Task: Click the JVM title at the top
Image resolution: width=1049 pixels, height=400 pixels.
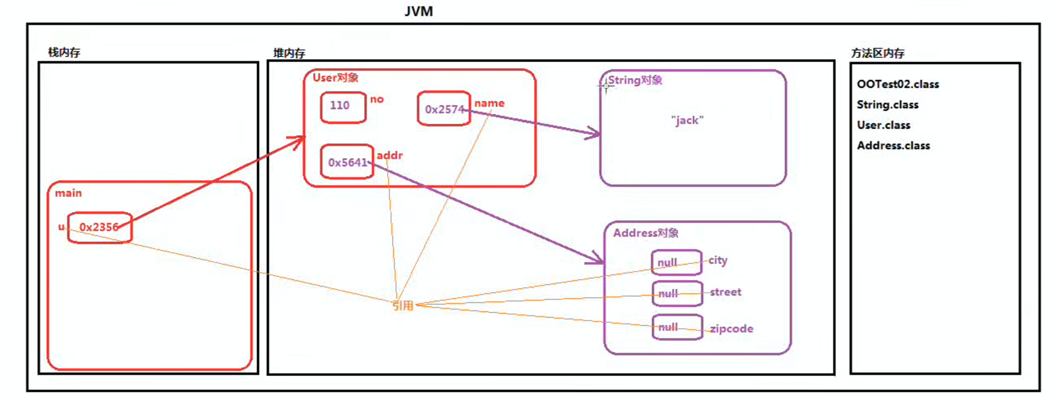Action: pyautogui.click(x=418, y=11)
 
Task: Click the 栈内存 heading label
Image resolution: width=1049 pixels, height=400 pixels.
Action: pyautogui.click(x=64, y=52)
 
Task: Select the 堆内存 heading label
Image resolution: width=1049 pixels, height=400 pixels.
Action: pyautogui.click(x=289, y=53)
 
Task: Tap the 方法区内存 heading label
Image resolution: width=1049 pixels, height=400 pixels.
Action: pyautogui.click(x=877, y=53)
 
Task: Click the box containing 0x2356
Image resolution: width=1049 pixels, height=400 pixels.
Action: pyautogui.click(x=100, y=227)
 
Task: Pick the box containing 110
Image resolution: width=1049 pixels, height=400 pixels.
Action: pyautogui.click(x=342, y=106)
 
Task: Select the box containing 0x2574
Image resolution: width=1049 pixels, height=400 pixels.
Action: pyautogui.click(x=443, y=109)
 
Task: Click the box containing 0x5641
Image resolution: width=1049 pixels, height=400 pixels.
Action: pyautogui.click(x=347, y=162)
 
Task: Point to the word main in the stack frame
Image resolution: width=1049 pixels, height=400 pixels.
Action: pyautogui.click(x=68, y=193)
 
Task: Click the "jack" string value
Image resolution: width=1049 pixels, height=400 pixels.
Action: pyautogui.click(x=687, y=120)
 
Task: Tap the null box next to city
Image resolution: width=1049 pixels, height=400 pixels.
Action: pyautogui.click(x=676, y=262)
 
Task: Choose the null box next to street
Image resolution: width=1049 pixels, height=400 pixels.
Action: pyautogui.click(x=676, y=293)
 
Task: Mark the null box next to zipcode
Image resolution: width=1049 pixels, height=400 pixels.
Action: pyautogui.click(x=676, y=327)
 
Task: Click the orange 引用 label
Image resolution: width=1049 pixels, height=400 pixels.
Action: pyautogui.click(x=402, y=306)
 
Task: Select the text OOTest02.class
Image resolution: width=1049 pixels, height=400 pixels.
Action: pyautogui.click(x=897, y=84)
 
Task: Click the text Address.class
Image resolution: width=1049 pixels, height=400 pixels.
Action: pyautogui.click(x=893, y=146)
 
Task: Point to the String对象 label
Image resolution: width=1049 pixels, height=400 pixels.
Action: pyautogui.click(x=635, y=80)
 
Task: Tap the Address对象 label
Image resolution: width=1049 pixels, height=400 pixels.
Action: pyautogui.click(x=646, y=233)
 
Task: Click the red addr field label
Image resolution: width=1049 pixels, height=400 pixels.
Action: pyautogui.click(x=389, y=155)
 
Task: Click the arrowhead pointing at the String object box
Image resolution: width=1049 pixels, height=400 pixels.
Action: pyautogui.click(x=595, y=133)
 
